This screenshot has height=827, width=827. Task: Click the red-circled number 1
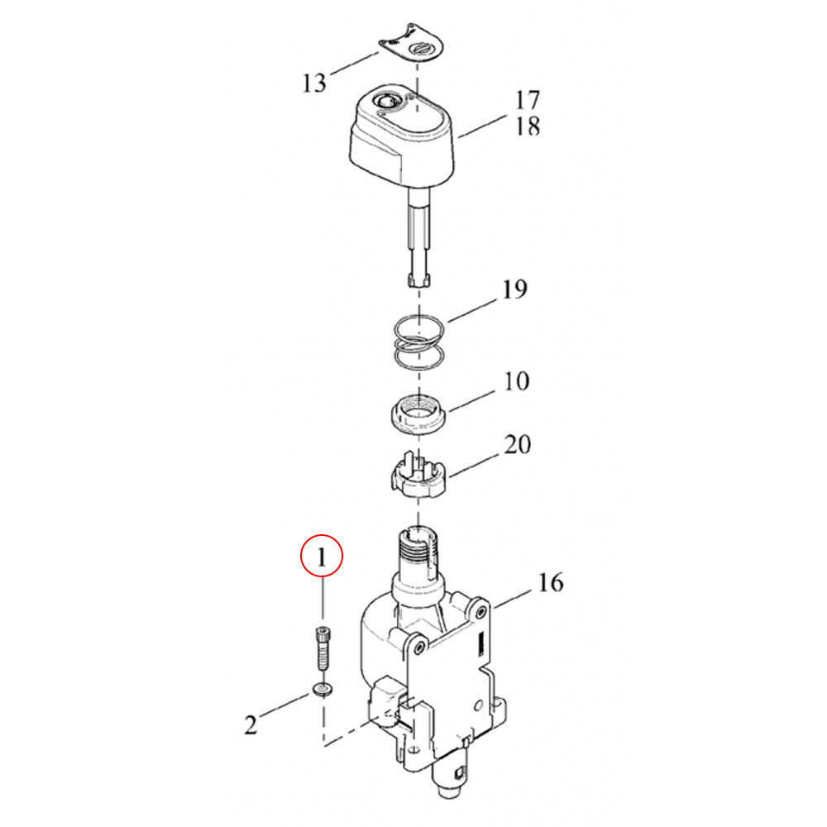tap(321, 557)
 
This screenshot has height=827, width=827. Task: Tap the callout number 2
tap(251, 724)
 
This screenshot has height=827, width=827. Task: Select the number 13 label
tap(314, 84)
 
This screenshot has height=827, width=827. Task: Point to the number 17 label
tap(528, 100)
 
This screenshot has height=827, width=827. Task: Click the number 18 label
tap(528, 126)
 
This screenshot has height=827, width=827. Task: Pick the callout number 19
tap(514, 289)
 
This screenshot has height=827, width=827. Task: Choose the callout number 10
tap(516, 381)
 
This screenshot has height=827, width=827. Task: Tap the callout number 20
tap(518, 445)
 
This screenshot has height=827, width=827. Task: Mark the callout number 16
tap(551, 583)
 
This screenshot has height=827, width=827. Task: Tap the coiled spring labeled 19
tap(419, 343)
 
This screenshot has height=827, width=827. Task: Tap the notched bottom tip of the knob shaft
tap(419, 280)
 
